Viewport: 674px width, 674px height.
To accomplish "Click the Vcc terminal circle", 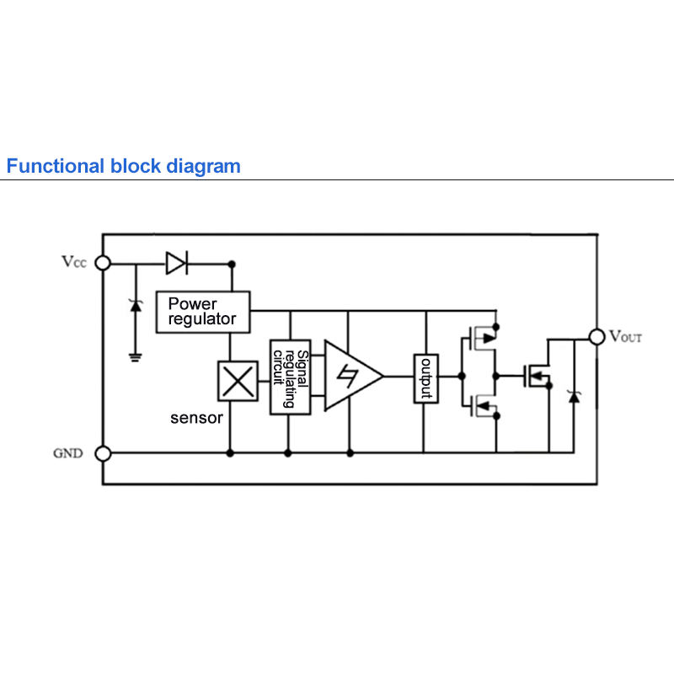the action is pyautogui.click(x=103, y=263).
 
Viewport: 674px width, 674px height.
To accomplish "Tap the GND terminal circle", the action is pyautogui.click(x=103, y=453).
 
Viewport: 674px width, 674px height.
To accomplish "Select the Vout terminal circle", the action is pyautogui.click(x=596, y=337).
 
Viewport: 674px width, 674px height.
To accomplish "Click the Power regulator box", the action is pyautogui.click(x=203, y=312).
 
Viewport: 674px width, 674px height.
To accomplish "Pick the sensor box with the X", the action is pyautogui.click(x=238, y=382).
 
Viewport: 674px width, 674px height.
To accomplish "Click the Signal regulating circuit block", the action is pyautogui.click(x=290, y=377).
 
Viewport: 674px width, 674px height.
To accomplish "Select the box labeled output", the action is pyautogui.click(x=426, y=378).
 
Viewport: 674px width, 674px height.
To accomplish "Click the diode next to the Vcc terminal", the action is pyautogui.click(x=177, y=263).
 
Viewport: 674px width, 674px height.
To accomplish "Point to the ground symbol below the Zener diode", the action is pyautogui.click(x=136, y=357).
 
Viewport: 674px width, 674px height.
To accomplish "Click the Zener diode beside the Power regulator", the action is pyautogui.click(x=136, y=306).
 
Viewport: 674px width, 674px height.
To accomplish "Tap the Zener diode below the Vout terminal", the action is pyautogui.click(x=574, y=397).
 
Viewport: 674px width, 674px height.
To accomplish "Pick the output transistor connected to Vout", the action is pyautogui.click(x=538, y=377).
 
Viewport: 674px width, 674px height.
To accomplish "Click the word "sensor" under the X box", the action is pyautogui.click(x=196, y=418).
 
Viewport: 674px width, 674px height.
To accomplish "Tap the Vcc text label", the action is pyautogui.click(x=74, y=261).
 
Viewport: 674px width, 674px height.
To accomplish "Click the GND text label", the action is pyautogui.click(x=68, y=453).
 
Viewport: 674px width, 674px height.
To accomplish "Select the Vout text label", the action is pyautogui.click(x=626, y=336).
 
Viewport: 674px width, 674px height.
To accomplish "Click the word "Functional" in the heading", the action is pyautogui.click(x=56, y=166).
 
